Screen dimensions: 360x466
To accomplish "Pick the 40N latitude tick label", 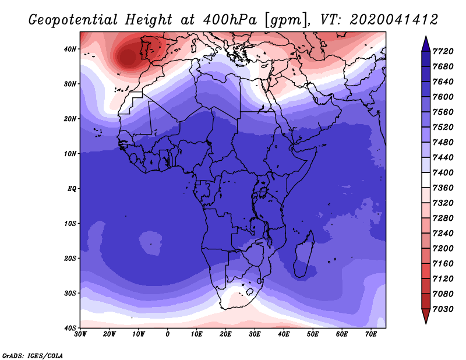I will (70, 49).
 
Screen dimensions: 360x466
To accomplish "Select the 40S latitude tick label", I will (70, 328).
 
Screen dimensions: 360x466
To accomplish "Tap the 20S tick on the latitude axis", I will (70, 258).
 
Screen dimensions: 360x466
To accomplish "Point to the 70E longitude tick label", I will (371, 334).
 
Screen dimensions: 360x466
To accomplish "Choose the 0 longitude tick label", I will (168, 334).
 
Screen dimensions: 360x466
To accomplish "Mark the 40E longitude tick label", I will (284, 334).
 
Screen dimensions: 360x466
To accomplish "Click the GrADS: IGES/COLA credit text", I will (32, 355).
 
